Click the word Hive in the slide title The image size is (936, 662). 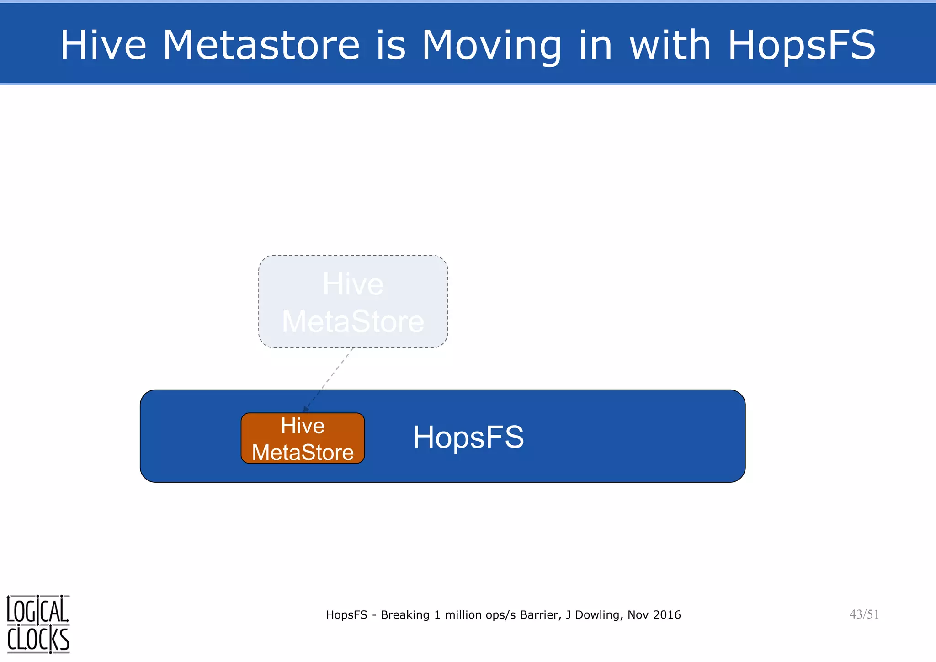[x=103, y=45]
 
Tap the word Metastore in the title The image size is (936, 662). [x=261, y=45]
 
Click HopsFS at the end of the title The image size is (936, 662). [x=801, y=45]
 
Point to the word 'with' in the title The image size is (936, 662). [x=670, y=45]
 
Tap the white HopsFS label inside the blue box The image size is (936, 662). [x=468, y=437]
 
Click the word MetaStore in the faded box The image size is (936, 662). [x=353, y=321]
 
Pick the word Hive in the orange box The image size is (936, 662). [x=303, y=426]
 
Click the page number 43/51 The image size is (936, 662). [x=864, y=614]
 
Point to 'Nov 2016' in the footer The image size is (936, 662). [x=654, y=615]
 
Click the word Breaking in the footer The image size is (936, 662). [x=405, y=615]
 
